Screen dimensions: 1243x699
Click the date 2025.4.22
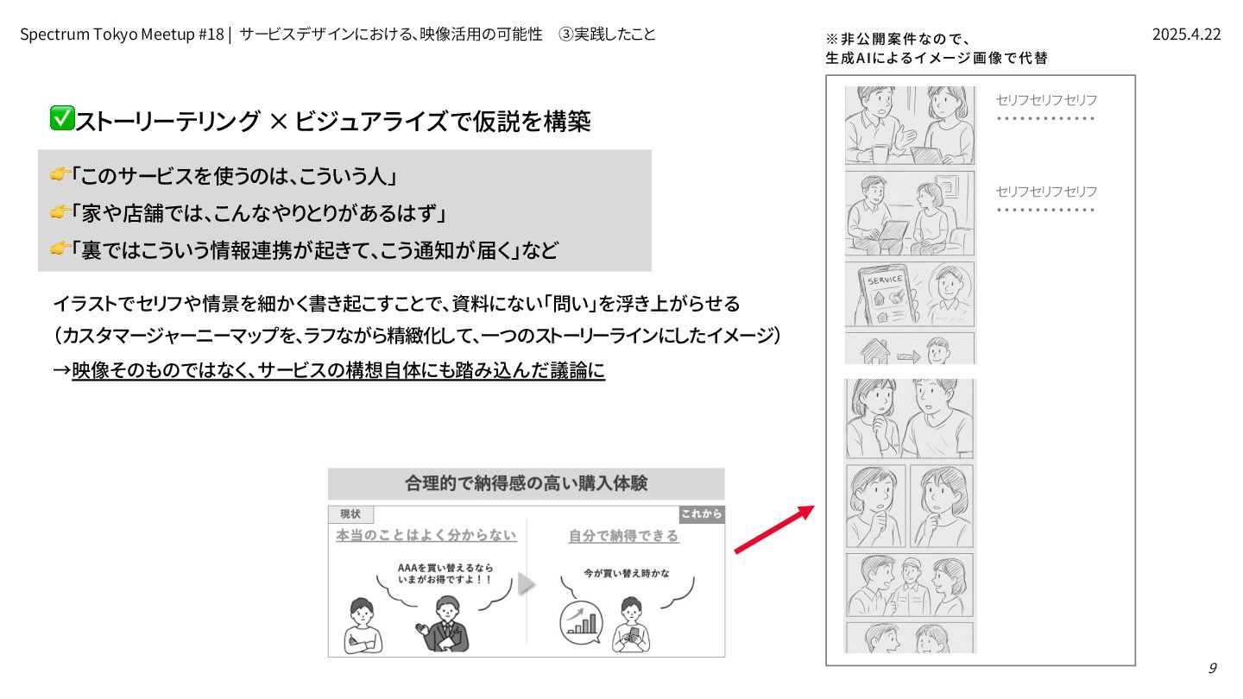click(x=1186, y=35)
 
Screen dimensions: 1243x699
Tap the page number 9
click(x=1213, y=668)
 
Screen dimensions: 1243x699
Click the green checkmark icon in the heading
click(x=62, y=118)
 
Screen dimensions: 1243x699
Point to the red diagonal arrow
click(x=774, y=529)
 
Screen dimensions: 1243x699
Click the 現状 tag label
click(x=350, y=514)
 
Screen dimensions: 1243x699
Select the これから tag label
click(x=702, y=514)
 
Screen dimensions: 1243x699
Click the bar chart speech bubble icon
click(x=581, y=623)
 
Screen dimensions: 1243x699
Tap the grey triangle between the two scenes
click(x=526, y=583)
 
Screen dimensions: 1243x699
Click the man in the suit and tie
click(x=444, y=624)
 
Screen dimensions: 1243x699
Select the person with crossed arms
click(x=363, y=626)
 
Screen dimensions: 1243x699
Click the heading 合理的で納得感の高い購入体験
click(x=526, y=483)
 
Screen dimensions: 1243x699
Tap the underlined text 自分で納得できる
click(x=624, y=536)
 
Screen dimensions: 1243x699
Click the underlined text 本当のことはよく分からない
click(x=426, y=535)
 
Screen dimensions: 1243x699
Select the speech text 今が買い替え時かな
click(x=626, y=574)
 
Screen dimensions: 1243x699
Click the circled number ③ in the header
click(x=565, y=35)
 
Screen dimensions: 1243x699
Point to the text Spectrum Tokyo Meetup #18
click(x=122, y=35)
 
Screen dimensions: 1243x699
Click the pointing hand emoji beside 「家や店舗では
click(x=60, y=212)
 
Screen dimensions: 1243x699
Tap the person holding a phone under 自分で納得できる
click(x=631, y=625)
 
